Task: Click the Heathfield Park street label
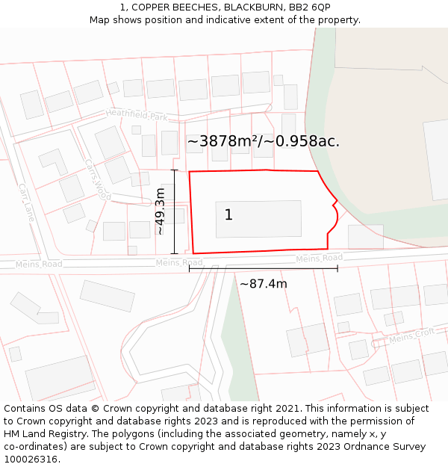137,115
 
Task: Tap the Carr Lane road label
27,202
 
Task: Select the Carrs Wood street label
97,179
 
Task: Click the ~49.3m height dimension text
160,211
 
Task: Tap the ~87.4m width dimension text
263,284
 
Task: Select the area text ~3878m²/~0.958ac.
263,141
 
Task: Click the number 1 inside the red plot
228,215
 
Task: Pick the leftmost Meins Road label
39,265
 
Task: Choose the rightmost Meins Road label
319,259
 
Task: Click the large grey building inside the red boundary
258,218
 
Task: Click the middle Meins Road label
179,263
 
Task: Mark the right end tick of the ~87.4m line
337,268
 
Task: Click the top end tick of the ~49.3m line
175,170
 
